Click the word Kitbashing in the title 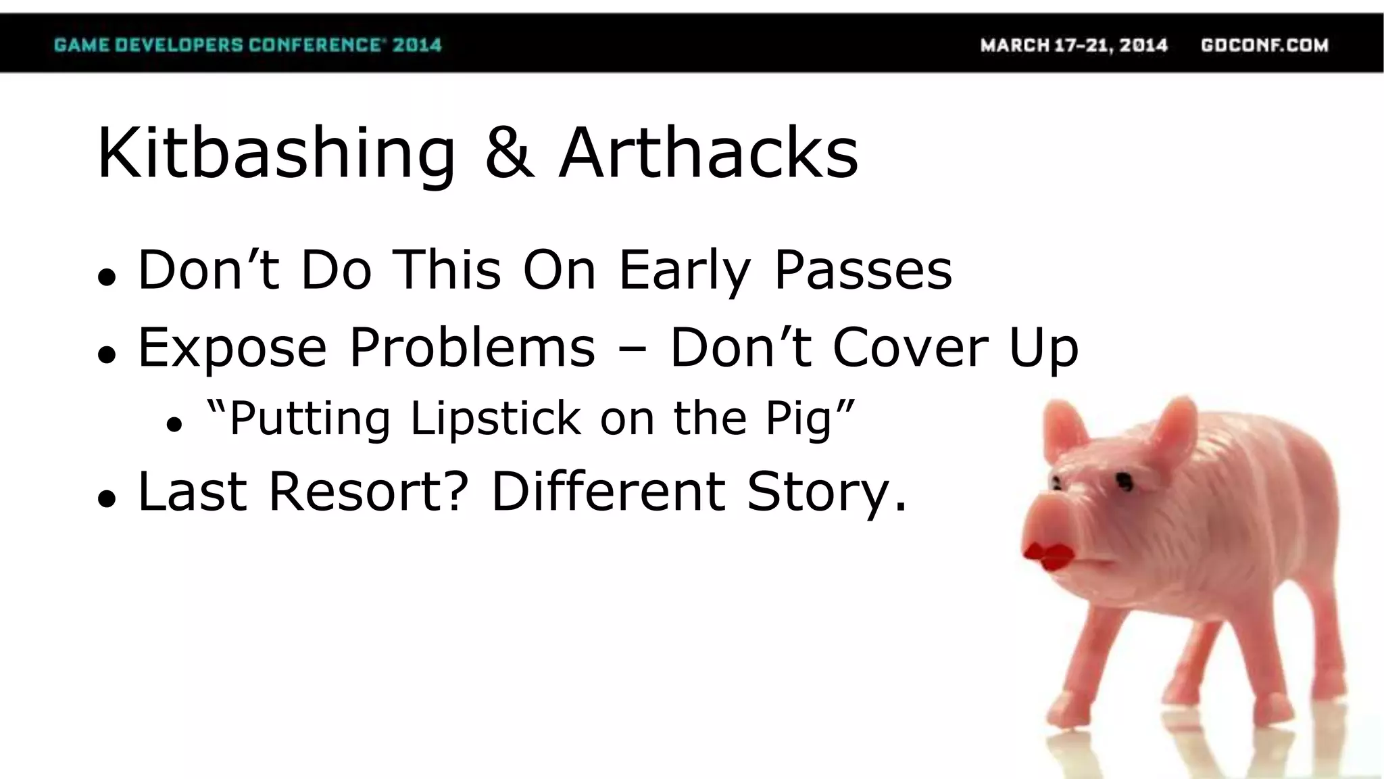276,154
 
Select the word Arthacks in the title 708,154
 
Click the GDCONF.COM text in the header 1264,45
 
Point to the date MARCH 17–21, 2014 1074,45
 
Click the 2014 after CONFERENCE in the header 417,45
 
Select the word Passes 863,270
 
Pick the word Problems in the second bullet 472,348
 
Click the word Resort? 368,492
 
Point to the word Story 826,492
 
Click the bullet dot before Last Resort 107,499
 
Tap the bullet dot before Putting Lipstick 174,425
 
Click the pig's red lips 1048,556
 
